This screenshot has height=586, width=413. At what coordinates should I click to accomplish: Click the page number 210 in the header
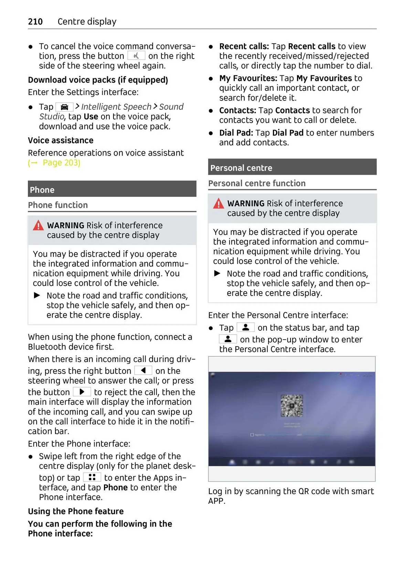(x=35, y=22)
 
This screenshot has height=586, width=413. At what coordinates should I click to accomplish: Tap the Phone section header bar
(x=112, y=189)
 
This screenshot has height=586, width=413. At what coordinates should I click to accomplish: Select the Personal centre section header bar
(x=292, y=168)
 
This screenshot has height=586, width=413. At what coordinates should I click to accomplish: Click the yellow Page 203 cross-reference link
(x=55, y=163)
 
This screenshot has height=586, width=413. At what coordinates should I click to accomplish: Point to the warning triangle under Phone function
(x=38, y=226)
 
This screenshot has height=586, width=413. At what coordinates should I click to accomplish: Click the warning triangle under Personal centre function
(x=219, y=204)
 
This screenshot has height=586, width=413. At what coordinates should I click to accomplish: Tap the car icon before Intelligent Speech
(x=64, y=107)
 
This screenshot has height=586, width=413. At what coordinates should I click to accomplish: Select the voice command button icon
(x=136, y=56)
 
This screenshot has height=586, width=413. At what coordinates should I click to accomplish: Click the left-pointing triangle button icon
(x=143, y=370)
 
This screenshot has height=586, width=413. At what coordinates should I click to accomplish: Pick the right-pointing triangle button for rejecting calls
(x=82, y=392)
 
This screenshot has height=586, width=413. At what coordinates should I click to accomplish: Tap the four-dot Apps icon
(x=92, y=477)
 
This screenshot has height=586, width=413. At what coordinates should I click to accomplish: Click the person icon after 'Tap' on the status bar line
(x=246, y=327)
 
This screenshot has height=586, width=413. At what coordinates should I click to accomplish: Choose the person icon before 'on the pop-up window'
(x=228, y=339)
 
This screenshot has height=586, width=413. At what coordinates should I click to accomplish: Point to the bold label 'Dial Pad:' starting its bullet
(x=236, y=133)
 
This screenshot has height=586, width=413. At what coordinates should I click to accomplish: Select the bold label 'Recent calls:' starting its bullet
(x=244, y=46)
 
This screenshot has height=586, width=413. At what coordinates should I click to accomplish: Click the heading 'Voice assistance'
(x=61, y=140)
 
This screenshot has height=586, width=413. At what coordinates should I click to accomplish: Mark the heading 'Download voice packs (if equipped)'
(x=98, y=80)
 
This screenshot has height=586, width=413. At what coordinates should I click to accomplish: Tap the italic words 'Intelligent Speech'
(x=116, y=107)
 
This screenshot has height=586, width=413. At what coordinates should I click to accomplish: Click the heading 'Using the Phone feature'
(x=76, y=511)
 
